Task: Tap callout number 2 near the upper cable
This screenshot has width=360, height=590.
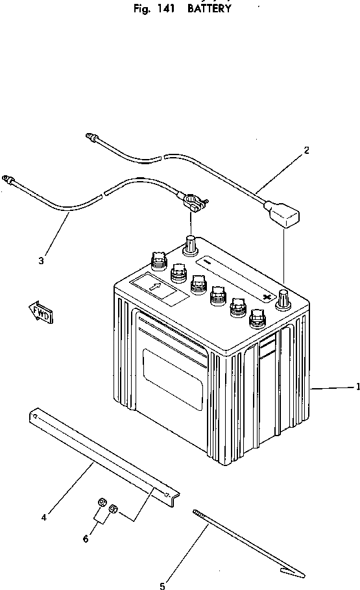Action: tap(306, 150)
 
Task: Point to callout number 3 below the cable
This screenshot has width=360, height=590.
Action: tap(41, 261)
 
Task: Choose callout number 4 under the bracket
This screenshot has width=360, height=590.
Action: tap(43, 517)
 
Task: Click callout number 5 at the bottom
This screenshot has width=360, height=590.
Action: tap(162, 586)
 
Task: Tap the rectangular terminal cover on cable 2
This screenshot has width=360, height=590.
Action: tap(285, 216)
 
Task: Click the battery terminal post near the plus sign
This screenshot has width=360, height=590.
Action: tap(283, 299)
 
